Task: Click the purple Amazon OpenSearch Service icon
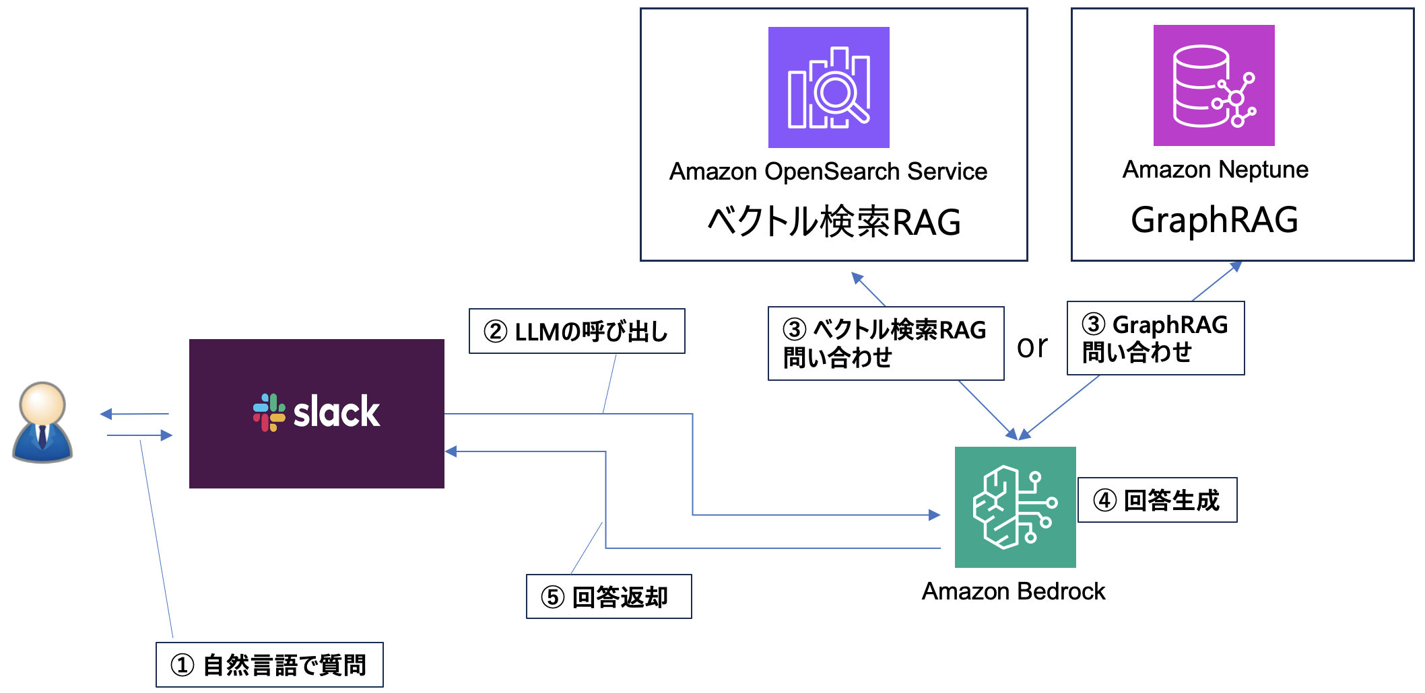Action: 828,87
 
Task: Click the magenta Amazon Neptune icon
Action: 1214,85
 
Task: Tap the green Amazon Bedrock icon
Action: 1015,507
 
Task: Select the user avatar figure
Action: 42,423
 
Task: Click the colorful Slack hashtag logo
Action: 269,412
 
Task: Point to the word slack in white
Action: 337,412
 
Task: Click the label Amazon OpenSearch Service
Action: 828,172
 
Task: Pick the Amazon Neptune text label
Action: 1215,170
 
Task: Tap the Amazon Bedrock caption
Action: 1013,591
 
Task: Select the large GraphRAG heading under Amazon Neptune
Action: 1214,220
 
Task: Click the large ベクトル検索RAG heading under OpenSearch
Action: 834,222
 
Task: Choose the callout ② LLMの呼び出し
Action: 576,332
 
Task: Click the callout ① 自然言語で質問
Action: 269,665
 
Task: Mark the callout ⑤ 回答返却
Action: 608,597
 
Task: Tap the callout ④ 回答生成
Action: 1157,500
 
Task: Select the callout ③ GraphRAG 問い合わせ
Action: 1155,338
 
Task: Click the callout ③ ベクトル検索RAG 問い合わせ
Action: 885,344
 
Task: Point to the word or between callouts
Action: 1032,346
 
